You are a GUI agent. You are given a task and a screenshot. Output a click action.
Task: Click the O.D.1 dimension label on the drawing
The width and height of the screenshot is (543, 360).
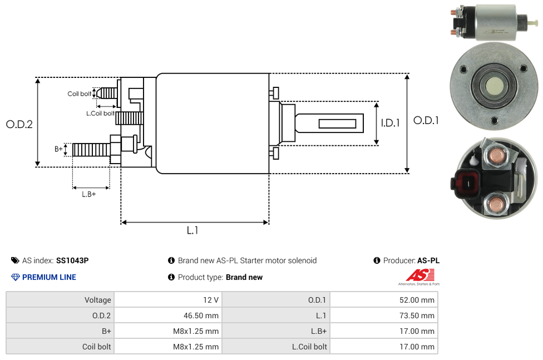tap(426, 120)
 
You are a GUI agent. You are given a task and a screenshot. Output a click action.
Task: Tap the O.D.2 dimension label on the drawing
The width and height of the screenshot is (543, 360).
tap(19, 124)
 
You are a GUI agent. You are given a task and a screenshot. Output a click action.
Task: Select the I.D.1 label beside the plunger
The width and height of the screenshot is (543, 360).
tap(390, 123)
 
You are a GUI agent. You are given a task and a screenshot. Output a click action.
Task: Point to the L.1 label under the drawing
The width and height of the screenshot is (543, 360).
tap(192, 230)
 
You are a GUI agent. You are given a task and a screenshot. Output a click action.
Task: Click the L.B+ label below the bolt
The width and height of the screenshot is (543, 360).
tap(89, 194)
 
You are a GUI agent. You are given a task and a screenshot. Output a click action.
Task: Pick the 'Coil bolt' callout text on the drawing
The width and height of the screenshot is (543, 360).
tap(80, 93)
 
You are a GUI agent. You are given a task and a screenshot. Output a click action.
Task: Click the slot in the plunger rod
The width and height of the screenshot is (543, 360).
tap(338, 123)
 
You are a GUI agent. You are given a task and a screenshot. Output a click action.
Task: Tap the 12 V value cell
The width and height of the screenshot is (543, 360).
tap(211, 300)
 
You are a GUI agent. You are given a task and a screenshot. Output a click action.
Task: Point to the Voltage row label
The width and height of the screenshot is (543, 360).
tap(98, 300)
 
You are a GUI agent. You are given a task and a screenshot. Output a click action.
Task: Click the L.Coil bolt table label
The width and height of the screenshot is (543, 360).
tap(310, 347)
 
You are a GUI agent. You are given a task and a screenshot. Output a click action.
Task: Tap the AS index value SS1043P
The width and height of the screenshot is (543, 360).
tap(72, 260)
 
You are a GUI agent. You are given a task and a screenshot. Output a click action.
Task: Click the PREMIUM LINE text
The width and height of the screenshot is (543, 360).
tap(49, 277)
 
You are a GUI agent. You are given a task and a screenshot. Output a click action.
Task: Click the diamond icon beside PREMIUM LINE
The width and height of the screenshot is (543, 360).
tap(16, 277)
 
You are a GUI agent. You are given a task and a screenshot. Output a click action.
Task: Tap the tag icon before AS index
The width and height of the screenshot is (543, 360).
tap(15, 260)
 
